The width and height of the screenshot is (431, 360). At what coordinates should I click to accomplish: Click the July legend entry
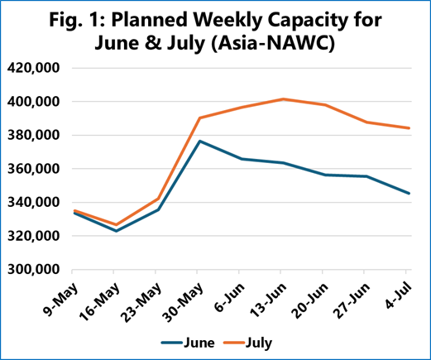(247, 343)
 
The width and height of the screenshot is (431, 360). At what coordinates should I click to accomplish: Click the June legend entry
(188, 343)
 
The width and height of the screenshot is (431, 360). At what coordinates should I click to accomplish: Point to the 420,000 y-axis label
(33, 68)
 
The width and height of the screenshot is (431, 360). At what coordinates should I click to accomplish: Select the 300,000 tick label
(33, 270)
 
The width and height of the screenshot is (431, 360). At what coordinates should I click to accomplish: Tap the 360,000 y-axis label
(33, 169)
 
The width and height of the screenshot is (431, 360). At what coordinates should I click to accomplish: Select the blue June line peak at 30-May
(200, 142)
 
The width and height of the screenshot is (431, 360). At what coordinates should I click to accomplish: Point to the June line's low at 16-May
(116, 231)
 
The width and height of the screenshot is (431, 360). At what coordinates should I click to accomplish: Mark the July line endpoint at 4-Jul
(409, 128)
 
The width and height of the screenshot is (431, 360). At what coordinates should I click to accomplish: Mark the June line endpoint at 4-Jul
(409, 193)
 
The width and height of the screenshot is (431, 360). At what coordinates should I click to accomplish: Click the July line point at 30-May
(200, 118)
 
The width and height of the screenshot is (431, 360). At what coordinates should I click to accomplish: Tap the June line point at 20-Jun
(325, 175)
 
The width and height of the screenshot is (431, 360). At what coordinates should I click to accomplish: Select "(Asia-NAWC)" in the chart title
(273, 44)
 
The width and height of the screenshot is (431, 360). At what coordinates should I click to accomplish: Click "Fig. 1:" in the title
(76, 20)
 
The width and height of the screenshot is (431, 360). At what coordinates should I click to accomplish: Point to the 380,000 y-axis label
(33, 135)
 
